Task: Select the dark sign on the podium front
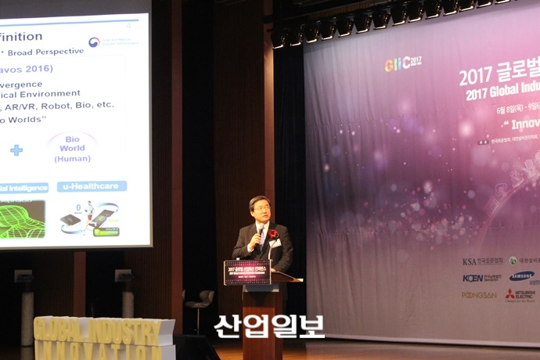click(247, 272)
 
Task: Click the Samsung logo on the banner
click(521, 275)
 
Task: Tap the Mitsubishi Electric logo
click(520, 295)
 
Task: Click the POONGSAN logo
click(479, 295)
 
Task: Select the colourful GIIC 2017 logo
click(402, 63)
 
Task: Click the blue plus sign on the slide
click(16, 149)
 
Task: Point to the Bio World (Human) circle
click(72, 149)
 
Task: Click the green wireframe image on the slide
click(21, 219)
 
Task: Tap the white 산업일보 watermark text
click(268, 326)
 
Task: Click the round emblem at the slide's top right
click(94, 42)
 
